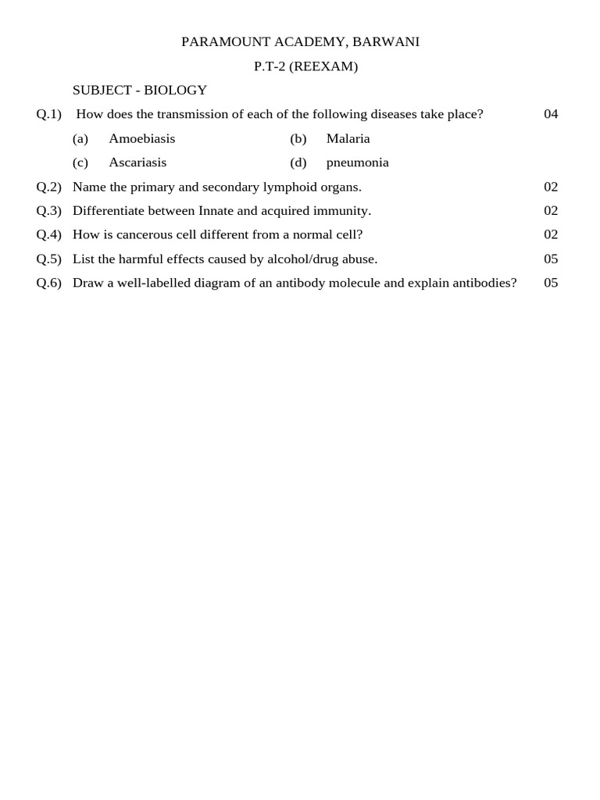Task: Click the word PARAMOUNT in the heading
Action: [x=220, y=42]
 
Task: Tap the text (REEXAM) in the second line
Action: [x=323, y=66]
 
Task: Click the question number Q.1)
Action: [x=48, y=114]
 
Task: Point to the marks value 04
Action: [x=551, y=114]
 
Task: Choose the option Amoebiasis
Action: [x=142, y=138]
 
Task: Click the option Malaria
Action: [x=348, y=138]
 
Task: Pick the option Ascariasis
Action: [x=137, y=162]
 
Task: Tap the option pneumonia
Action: [x=357, y=162]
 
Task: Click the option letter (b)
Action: [x=298, y=138]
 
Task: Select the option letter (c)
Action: [x=80, y=162]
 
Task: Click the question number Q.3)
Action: [x=48, y=211]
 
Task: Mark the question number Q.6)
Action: [x=48, y=283]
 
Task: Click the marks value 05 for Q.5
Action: [x=551, y=259]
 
